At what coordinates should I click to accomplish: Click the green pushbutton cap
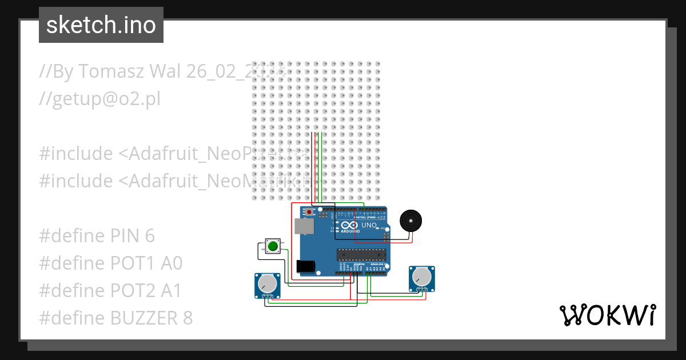pyautogui.click(x=273, y=246)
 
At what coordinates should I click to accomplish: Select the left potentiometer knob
pyautogui.click(x=267, y=284)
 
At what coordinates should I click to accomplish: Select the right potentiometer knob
pyautogui.click(x=422, y=277)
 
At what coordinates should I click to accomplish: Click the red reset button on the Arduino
pyautogui.click(x=309, y=212)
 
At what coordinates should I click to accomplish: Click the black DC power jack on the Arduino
pyautogui.click(x=305, y=266)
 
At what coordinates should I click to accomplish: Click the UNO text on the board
pyautogui.click(x=369, y=225)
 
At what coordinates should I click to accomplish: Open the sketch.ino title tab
pyautogui.click(x=101, y=25)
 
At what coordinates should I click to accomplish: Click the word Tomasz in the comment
pyautogui.click(x=111, y=71)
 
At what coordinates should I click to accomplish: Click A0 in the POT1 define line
pyautogui.click(x=171, y=263)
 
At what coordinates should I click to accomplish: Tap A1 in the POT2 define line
pyautogui.click(x=170, y=291)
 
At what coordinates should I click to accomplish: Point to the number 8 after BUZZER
pyautogui.click(x=187, y=318)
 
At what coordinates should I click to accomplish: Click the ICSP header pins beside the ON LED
pyautogui.click(x=387, y=235)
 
